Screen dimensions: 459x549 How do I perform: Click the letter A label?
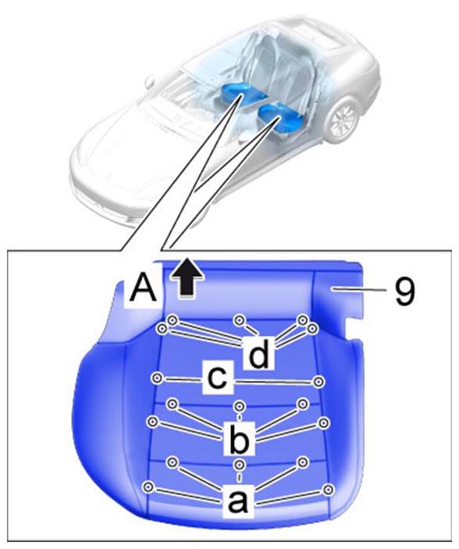143,287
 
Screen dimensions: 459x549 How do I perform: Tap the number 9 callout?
404,291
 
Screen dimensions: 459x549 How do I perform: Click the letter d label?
259,355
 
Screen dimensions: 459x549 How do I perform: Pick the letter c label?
217,379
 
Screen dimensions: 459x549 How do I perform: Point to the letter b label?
240,437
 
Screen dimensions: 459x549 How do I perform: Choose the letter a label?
238,502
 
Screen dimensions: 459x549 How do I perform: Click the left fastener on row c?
157,378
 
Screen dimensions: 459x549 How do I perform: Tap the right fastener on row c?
318,382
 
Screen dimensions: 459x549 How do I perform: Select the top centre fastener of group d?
240,320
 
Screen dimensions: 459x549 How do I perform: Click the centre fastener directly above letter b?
240,407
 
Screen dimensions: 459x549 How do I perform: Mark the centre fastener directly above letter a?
240,465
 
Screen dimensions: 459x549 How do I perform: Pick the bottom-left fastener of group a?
148,487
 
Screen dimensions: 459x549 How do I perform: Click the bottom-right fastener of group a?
328,490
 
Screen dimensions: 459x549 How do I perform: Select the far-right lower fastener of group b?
323,422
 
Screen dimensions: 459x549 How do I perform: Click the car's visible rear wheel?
341,118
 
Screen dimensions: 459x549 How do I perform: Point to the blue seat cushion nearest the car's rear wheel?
281,119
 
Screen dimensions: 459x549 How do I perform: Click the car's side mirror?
150,81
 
